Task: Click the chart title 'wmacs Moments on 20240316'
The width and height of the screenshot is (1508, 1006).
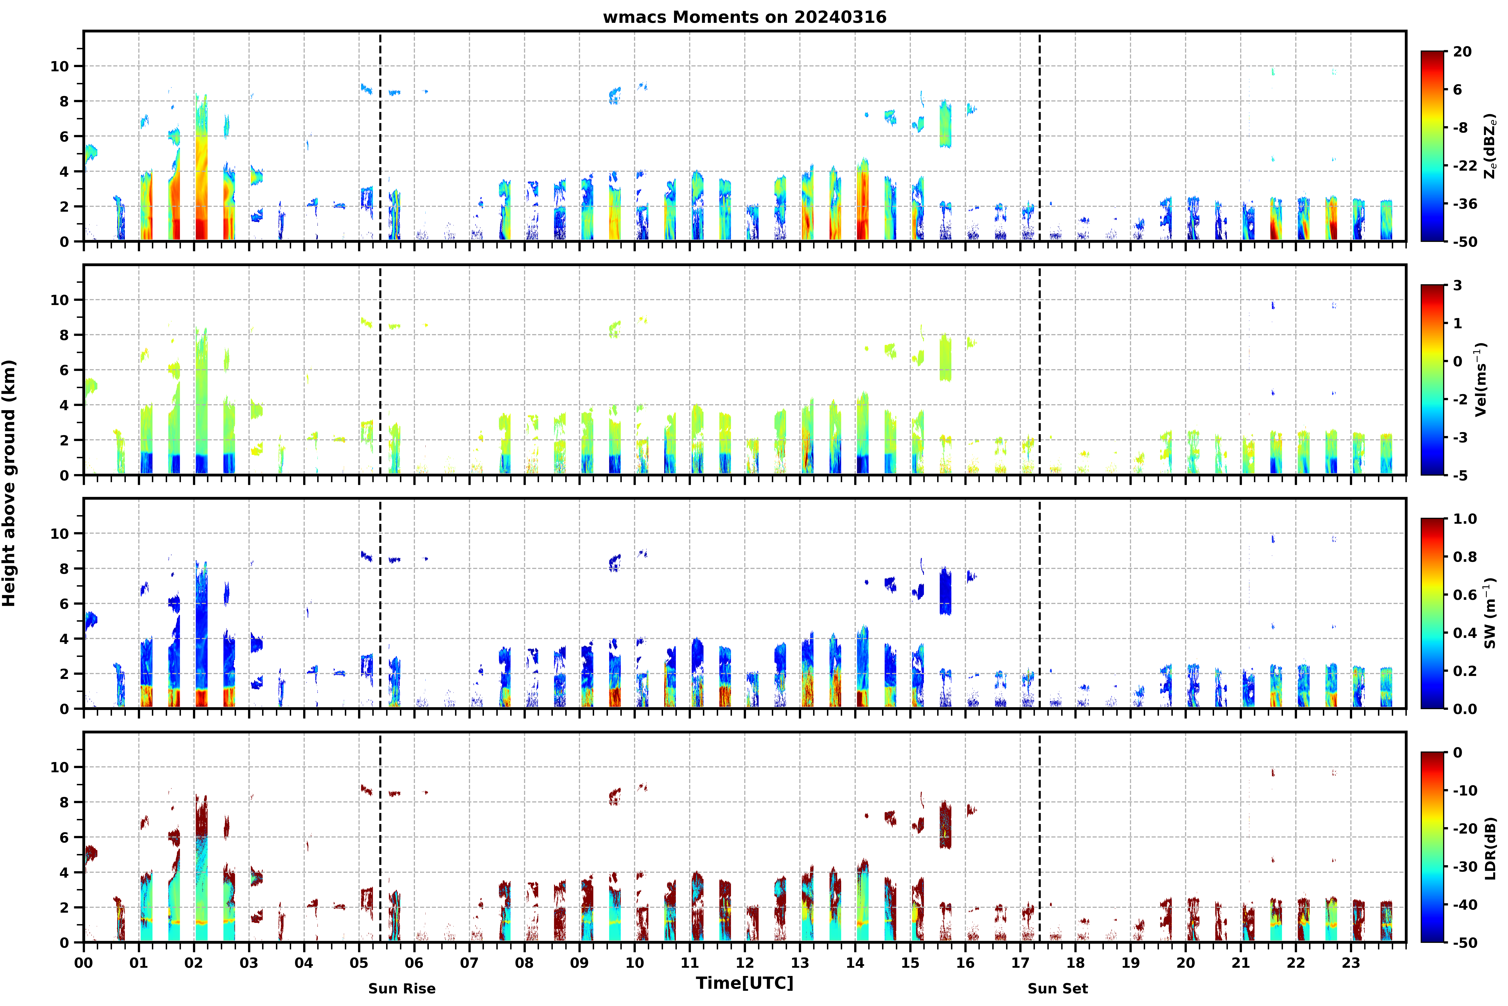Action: pyautogui.click(x=744, y=17)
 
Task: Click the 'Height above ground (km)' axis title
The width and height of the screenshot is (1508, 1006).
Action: pyautogui.click(x=9, y=483)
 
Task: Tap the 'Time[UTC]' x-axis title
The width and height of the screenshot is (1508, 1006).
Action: pyautogui.click(x=744, y=983)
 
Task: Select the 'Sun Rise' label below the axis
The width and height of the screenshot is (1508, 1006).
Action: pyautogui.click(x=402, y=989)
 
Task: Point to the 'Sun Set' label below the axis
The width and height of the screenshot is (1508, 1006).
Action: pyautogui.click(x=1058, y=989)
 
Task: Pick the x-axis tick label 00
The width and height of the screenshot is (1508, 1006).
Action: pyautogui.click(x=83, y=963)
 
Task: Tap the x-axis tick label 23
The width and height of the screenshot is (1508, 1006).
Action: pyautogui.click(x=1351, y=963)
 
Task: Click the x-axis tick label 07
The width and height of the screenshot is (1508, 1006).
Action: pyautogui.click(x=469, y=963)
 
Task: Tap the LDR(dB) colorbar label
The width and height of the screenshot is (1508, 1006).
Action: pyautogui.click(x=1490, y=848)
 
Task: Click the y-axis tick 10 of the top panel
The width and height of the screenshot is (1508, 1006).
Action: pyautogui.click(x=59, y=66)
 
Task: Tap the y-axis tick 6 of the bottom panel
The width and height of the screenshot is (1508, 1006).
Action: pyautogui.click(x=64, y=837)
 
